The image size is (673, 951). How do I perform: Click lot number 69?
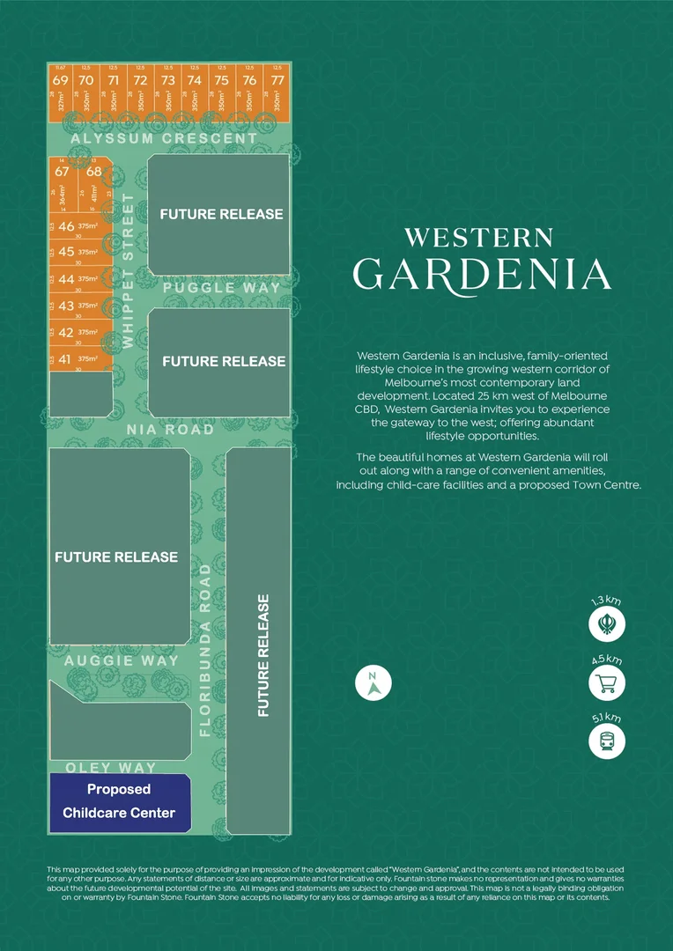60,80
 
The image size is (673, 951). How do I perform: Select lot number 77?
277,80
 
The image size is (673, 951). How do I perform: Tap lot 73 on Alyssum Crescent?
167,80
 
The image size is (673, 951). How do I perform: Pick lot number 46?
66,226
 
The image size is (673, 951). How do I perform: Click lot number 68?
94,172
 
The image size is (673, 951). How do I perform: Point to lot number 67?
62,172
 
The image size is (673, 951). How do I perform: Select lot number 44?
66,279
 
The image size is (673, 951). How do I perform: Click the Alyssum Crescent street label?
164,138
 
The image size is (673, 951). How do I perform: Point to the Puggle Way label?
221,287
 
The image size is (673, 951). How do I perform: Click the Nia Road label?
170,429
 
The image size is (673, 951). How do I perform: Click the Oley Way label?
111,768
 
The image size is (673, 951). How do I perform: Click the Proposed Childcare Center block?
119,801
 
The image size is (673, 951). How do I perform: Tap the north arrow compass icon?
373,682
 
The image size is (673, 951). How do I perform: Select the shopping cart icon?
607,683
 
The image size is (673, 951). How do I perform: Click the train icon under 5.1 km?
607,741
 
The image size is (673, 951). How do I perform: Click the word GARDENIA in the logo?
482,273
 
